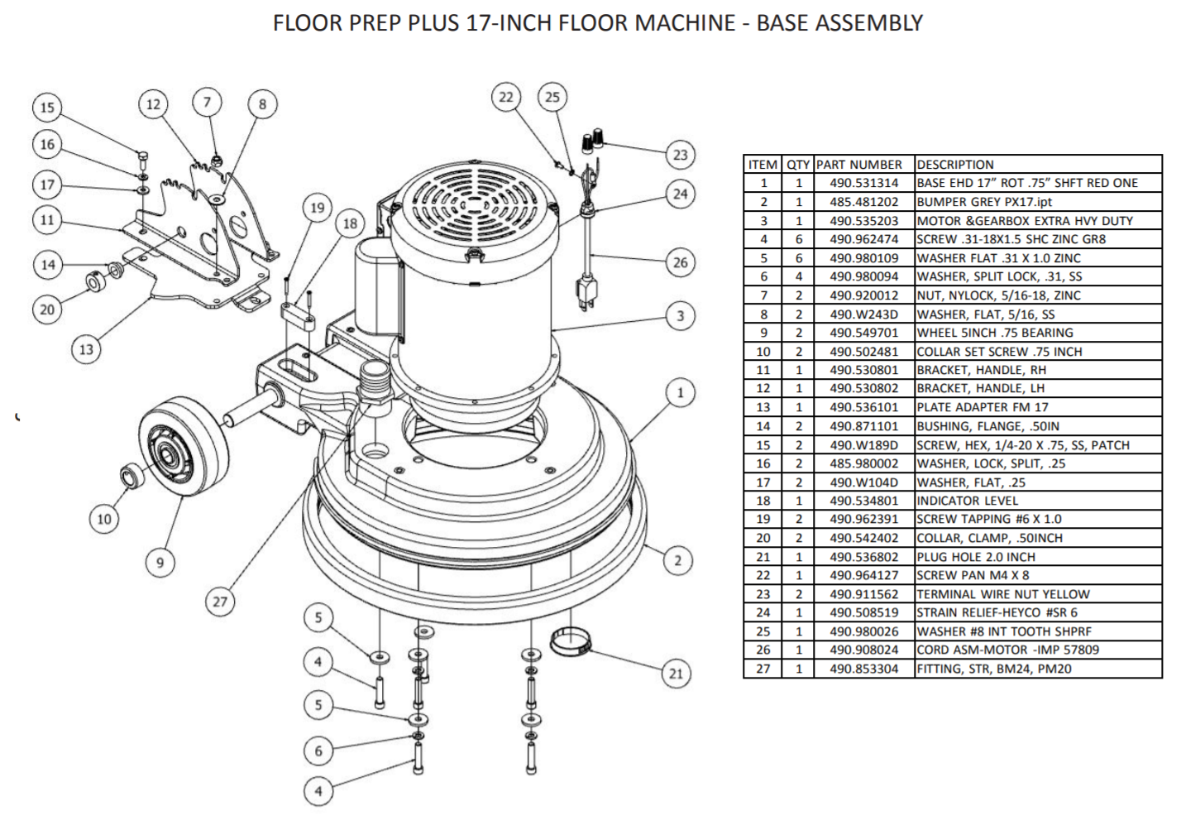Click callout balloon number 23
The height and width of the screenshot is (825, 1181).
[x=680, y=155]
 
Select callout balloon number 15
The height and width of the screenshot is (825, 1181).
[x=47, y=107]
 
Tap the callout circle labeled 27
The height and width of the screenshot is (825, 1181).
[x=219, y=602]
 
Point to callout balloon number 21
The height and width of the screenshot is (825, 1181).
[x=676, y=673]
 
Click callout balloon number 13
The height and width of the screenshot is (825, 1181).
[x=86, y=349]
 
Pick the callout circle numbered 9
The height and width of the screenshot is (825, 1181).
[x=160, y=563]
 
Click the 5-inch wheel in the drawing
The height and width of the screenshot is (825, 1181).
[x=184, y=447]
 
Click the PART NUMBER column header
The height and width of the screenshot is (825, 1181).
[x=858, y=165]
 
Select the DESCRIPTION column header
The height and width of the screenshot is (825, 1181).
[x=955, y=165]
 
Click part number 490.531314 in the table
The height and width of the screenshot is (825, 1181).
[x=863, y=183]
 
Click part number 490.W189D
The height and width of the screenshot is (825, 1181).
[x=863, y=445]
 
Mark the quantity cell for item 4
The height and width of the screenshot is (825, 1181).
[x=798, y=239]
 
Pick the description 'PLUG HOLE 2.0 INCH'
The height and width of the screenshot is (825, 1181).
[x=976, y=557]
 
